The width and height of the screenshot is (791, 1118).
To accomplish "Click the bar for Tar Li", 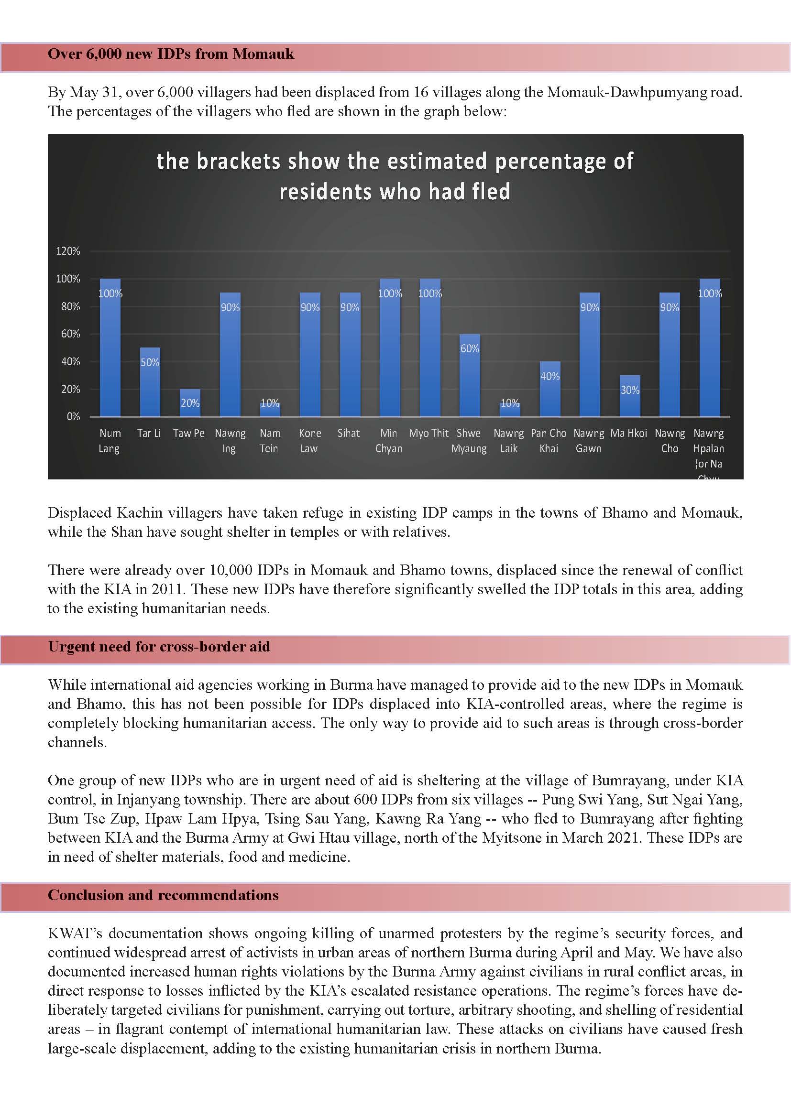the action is tap(150, 382).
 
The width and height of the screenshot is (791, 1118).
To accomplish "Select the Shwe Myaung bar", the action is tap(470, 375).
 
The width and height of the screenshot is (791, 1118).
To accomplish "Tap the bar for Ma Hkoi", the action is tap(630, 396).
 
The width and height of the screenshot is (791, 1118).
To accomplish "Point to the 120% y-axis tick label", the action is tap(68, 251).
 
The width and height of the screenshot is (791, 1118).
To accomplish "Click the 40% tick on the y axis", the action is tap(70, 361).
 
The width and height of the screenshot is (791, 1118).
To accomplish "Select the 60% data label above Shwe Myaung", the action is tap(470, 348).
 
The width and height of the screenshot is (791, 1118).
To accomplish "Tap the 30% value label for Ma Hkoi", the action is tap(630, 390).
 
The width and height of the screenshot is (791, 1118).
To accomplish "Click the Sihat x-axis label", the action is tap(349, 434).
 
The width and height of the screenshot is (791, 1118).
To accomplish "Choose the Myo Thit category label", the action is tap(428, 434).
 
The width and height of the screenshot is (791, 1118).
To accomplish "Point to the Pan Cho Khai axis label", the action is tap(549, 441).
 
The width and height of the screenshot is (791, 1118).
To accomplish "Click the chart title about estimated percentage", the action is tap(395, 176).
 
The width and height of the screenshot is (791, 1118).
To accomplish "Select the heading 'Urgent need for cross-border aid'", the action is tap(159, 647).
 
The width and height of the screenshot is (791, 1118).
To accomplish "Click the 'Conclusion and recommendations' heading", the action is tap(163, 895).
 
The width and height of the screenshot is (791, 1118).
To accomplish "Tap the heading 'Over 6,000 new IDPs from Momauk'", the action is tap(171, 54).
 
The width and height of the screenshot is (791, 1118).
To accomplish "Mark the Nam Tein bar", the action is tap(270, 410).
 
